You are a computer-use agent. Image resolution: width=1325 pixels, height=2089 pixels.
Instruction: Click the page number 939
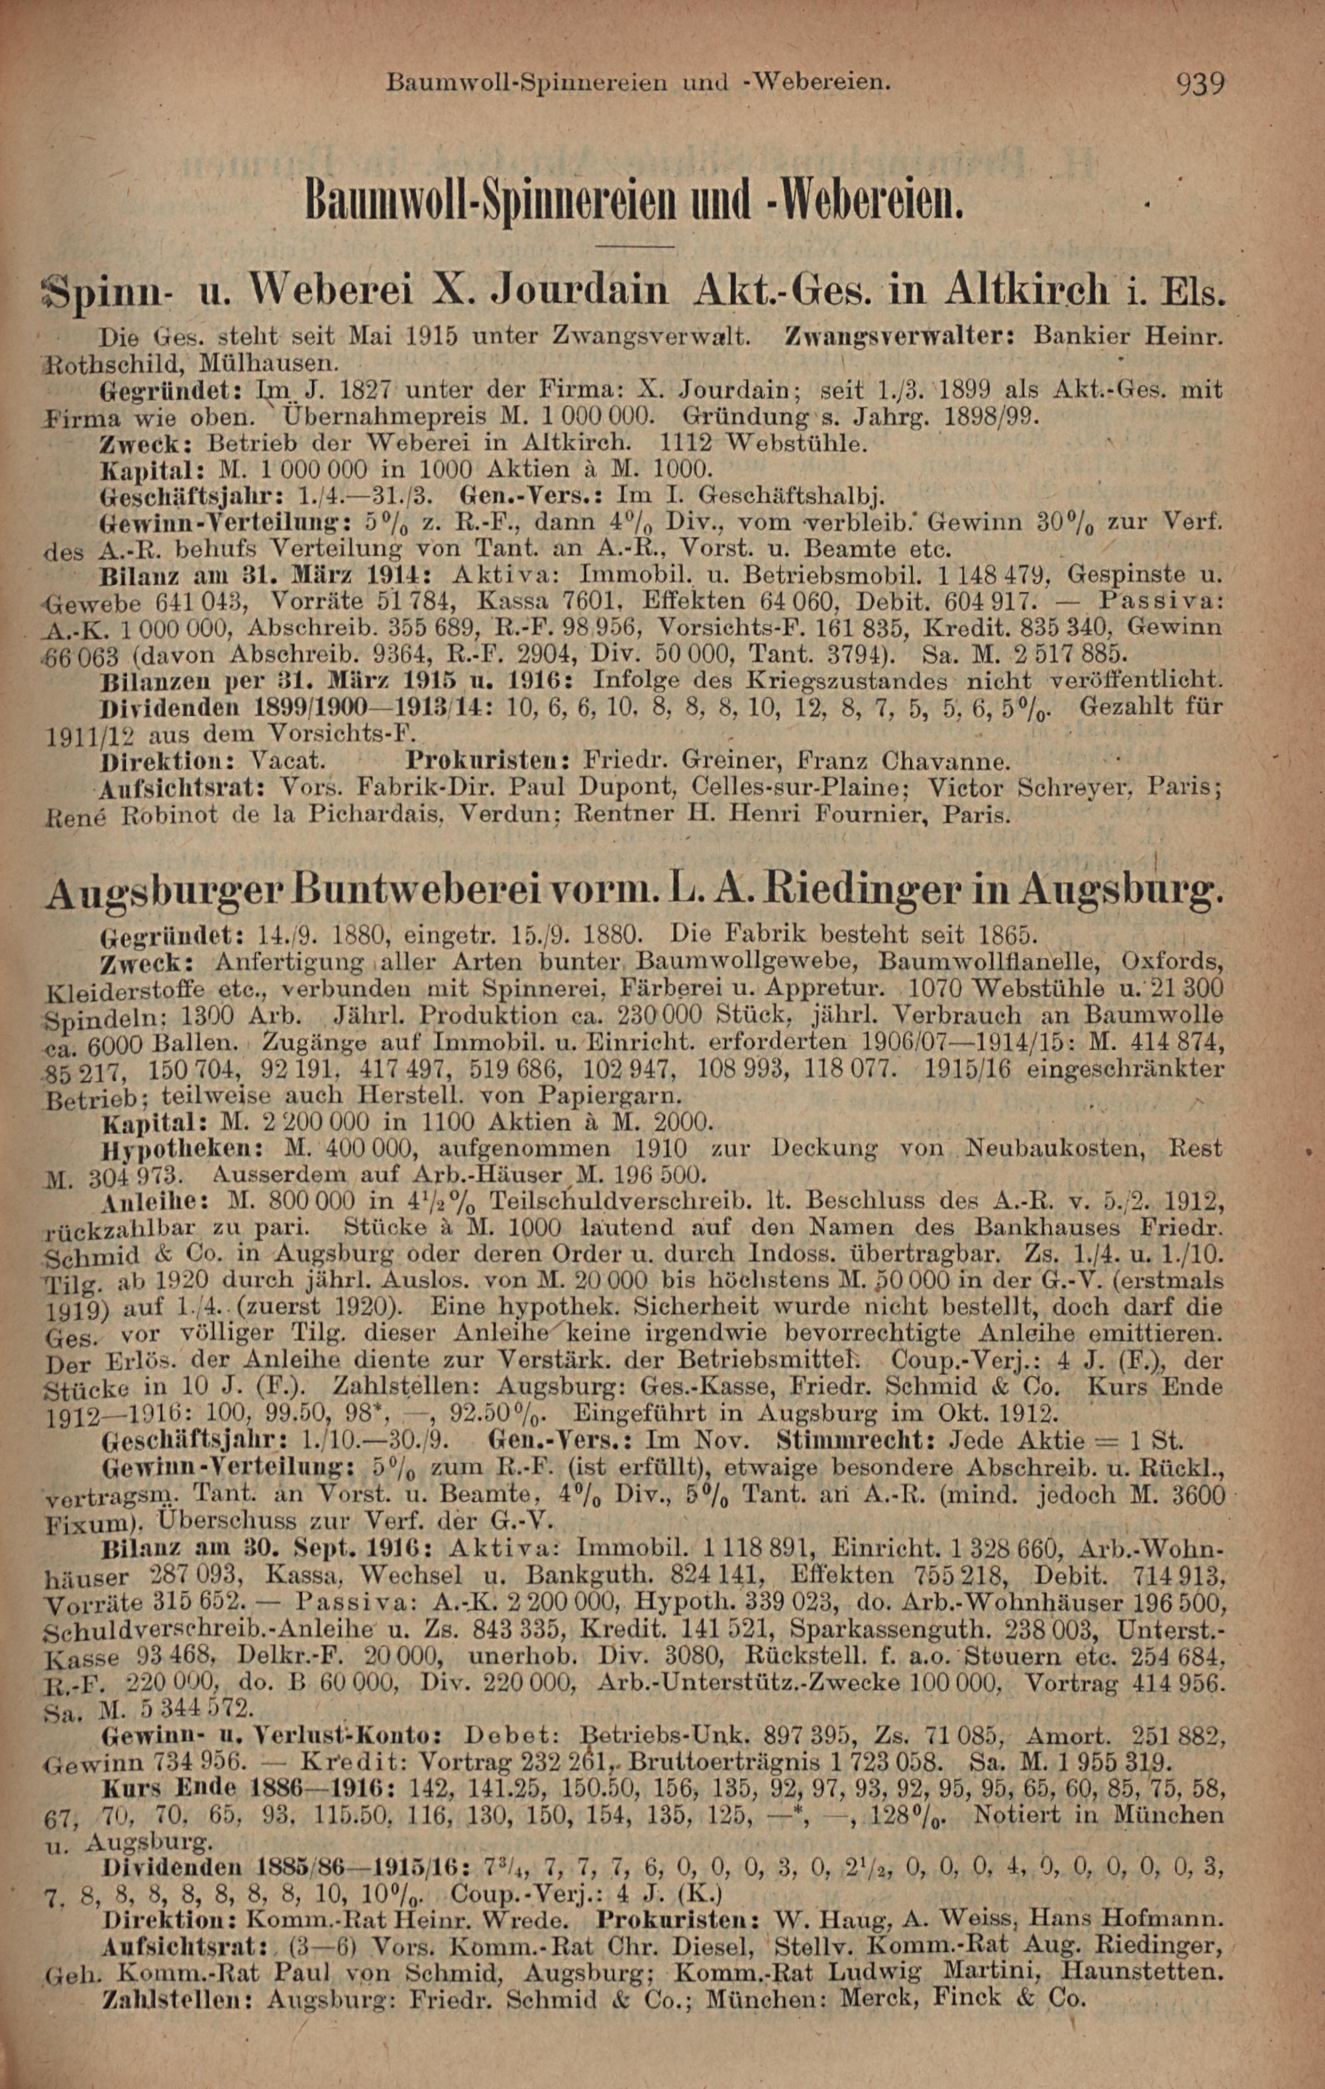tap(1200, 84)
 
